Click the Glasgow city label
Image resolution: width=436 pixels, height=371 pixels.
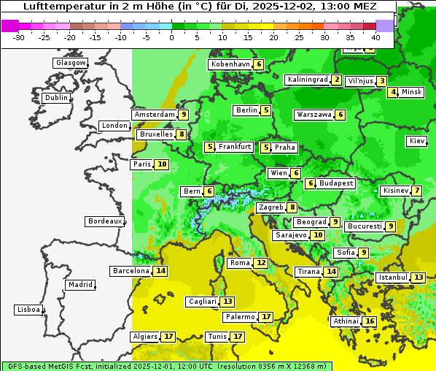pyautogui.click(x=71, y=63)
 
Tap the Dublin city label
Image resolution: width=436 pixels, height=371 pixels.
pyautogui.click(x=56, y=98)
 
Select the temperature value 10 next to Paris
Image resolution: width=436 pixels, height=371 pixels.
pyautogui.click(x=161, y=164)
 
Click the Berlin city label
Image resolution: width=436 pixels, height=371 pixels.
pyautogui.click(x=246, y=110)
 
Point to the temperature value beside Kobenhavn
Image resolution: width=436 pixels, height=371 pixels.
pyautogui.click(x=259, y=64)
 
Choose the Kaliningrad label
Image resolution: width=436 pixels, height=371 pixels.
pyautogui.click(x=308, y=80)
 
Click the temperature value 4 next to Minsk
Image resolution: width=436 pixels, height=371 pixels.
pyautogui.click(x=393, y=92)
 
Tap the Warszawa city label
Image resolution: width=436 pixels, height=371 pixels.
pyautogui.click(x=314, y=115)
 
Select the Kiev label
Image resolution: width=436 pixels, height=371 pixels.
pyautogui.click(x=417, y=141)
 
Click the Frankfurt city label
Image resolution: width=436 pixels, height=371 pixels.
pyautogui.click(x=235, y=147)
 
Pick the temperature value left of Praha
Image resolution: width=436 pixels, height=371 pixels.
pyautogui.click(x=266, y=148)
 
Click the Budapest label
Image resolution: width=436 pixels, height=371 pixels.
pyautogui.click(x=335, y=183)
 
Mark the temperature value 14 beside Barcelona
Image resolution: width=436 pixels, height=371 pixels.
pyautogui.click(x=160, y=271)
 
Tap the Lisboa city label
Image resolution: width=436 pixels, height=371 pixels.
pyautogui.click(x=28, y=310)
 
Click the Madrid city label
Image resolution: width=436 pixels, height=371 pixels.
pyautogui.click(x=80, y=285)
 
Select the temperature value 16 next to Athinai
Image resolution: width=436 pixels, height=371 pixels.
pyautogui.click(x=370, y=321)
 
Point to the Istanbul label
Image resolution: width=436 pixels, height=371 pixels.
pyautogui.click(x=393, y=278)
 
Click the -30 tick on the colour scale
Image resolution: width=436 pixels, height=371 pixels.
pyautogui.click(x=19, y=37)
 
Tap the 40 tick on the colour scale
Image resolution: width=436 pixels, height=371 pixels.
pyautogui.click(x=375, y=37)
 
